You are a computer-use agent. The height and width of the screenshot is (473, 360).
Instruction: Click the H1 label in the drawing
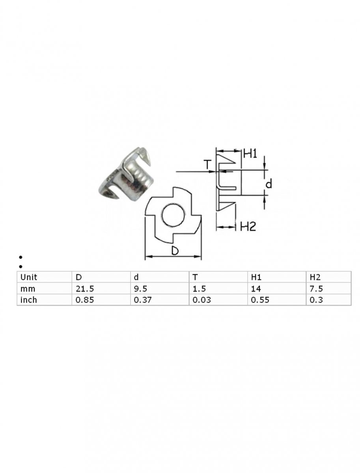pos(250,153)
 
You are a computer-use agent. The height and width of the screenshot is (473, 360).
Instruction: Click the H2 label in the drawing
pos(248,227)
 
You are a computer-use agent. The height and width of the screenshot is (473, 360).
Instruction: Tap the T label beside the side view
pos(207,164)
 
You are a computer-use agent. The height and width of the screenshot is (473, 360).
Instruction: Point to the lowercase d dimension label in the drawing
pos(269,184)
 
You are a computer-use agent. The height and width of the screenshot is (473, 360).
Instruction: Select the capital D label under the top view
pos(175,251)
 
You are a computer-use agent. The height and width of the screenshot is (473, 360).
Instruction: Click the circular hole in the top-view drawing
pos(173,215)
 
